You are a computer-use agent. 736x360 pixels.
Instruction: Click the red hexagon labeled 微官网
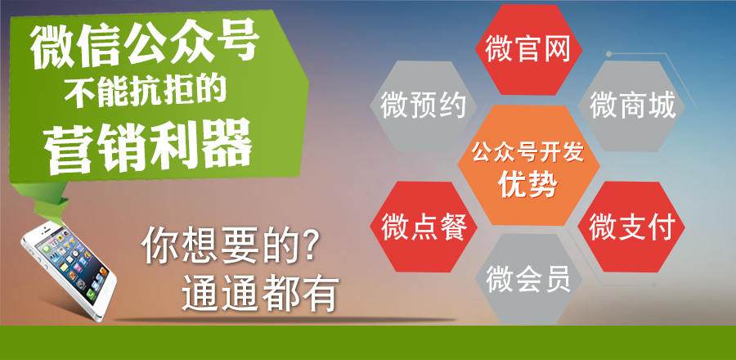point(528,50)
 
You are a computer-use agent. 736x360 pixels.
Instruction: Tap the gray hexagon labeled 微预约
point(424,106)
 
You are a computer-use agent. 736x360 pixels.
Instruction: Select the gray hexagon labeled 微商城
point(631,106)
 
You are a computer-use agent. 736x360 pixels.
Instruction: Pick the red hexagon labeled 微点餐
point(424,227)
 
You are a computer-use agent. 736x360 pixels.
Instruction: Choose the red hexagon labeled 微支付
point(631,227)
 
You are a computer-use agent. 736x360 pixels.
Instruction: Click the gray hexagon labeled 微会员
point(528,279)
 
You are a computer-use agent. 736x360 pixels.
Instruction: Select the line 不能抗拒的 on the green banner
point(146,90)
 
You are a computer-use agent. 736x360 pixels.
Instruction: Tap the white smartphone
point(69,271)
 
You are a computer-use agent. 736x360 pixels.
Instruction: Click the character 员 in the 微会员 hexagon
point(557,279)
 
